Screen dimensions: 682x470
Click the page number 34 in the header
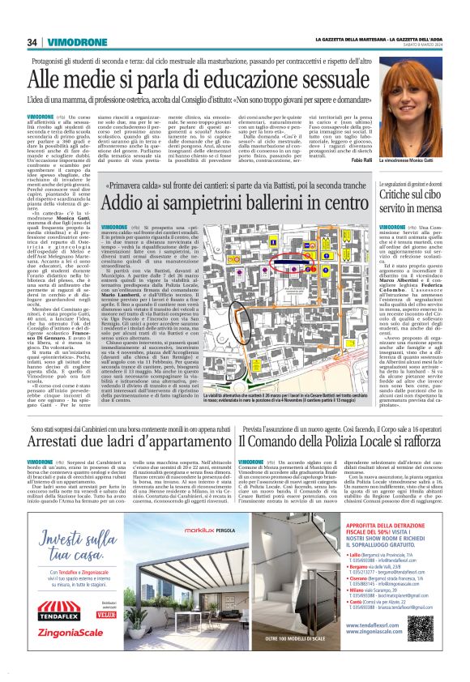coord(31,43)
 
